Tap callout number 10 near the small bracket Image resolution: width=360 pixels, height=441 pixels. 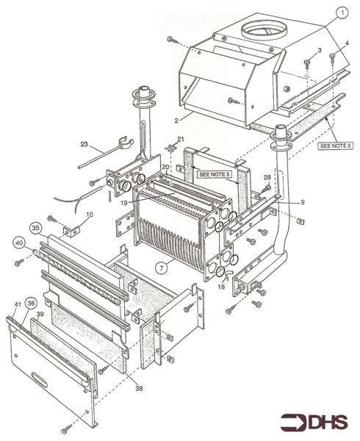point(89,215)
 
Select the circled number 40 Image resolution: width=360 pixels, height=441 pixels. point(17,242)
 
